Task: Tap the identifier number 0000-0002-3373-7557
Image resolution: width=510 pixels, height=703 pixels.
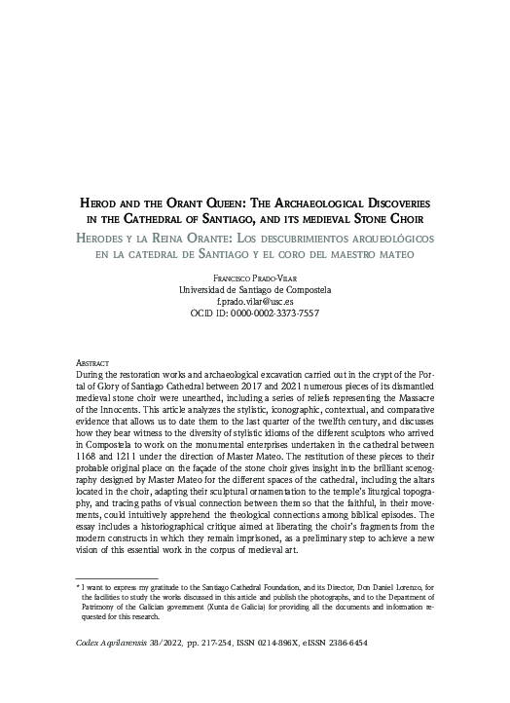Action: tap(278, 314)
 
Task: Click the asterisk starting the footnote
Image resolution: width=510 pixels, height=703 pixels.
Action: tap(77, 589)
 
